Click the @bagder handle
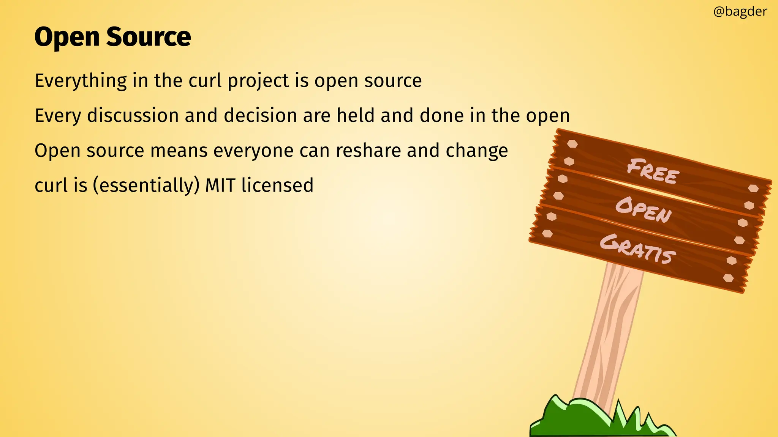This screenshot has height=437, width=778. [x=740, y=12]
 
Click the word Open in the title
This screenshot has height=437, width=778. [x=67, y=37]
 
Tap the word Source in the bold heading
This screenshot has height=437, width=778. [x=149, y=37]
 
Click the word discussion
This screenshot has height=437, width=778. [x=133, y=115]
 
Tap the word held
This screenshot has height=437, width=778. [x=356, y=115]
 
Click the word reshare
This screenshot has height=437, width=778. [x=368, y=151]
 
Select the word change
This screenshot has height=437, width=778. [x=477, y=151]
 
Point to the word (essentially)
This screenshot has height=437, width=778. [x=146, y=185]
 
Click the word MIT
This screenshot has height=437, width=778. [x=220, y=185]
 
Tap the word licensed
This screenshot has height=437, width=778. [x=277, y=185]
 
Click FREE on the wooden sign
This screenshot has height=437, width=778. [x=653, y=172]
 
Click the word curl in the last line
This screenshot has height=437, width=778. [x=51, y=185]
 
